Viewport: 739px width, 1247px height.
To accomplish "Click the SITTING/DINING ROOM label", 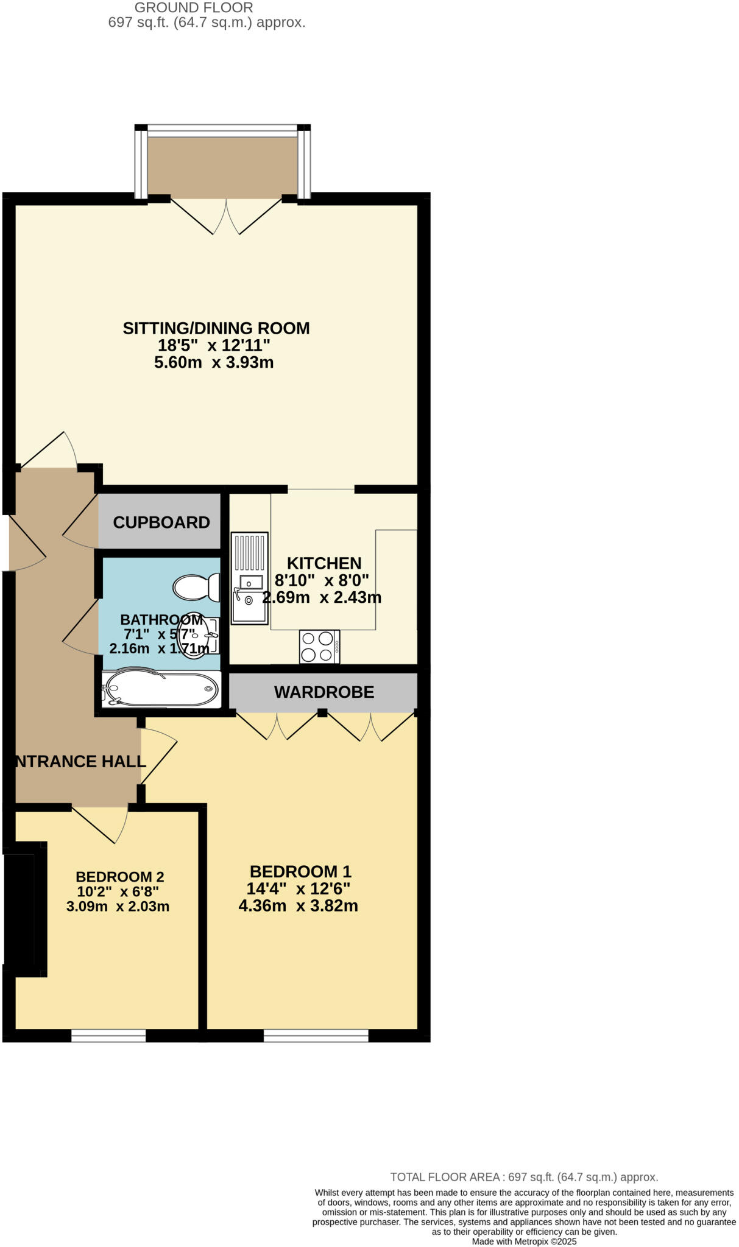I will tap(216, 328).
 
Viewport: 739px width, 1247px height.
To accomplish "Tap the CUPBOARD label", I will tap(161, 522).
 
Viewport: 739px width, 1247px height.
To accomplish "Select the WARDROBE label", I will tap(324, 692).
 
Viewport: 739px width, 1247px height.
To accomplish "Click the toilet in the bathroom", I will tap(197, 587).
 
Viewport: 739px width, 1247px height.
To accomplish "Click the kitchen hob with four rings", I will tap(319, 647).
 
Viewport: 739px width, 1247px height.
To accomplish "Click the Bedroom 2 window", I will tap(108, 1036).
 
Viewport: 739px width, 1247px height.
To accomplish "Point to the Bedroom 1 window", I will tap(316, 1036).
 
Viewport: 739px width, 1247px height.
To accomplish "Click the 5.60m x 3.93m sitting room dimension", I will tap(214, 363).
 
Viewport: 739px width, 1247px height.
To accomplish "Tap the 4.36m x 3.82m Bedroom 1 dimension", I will tap(298, 906).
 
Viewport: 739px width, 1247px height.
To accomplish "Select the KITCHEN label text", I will tap(324, 563).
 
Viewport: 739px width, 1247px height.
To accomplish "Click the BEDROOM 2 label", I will tap(119, 877).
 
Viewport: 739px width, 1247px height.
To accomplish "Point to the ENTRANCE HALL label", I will tap(80, 761).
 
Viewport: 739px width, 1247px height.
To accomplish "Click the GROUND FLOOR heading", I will tap(194, 8).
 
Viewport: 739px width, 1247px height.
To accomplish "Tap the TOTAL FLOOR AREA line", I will tap(524, 1177).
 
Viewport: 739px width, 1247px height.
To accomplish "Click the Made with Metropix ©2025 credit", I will tap(524, 1242).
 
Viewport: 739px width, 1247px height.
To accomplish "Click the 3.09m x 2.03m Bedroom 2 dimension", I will tap(118, 906).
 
